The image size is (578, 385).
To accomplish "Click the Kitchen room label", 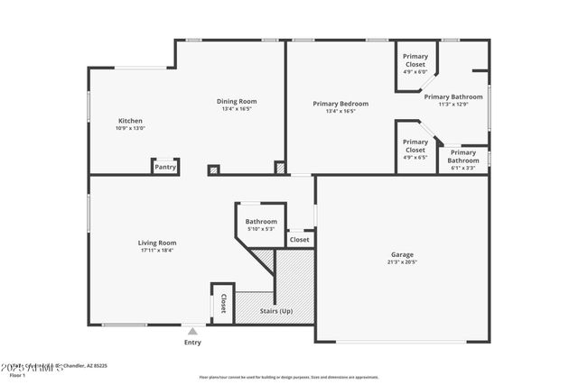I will click(x=130, y=121).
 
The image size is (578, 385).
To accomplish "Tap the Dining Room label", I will click(x=237, y=102).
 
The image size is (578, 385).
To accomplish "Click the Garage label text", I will click(x=402, y=255).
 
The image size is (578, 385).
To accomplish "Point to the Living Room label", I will click(x=156, y=243).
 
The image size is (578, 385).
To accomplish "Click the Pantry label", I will click(x=164, y=167).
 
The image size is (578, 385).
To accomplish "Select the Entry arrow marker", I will click(x=192, y=332).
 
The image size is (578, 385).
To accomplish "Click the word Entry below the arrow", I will click(x=192, y=343).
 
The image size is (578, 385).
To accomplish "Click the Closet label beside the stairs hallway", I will click(x=300, y=240).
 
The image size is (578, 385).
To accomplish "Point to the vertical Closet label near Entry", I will click(x=222, y=303).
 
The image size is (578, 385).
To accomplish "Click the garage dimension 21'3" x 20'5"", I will click(x=402, y=263).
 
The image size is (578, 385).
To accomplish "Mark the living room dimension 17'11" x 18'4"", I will click(x=156, y=251).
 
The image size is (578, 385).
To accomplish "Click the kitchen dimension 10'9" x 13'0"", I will click(x=130, y=129).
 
